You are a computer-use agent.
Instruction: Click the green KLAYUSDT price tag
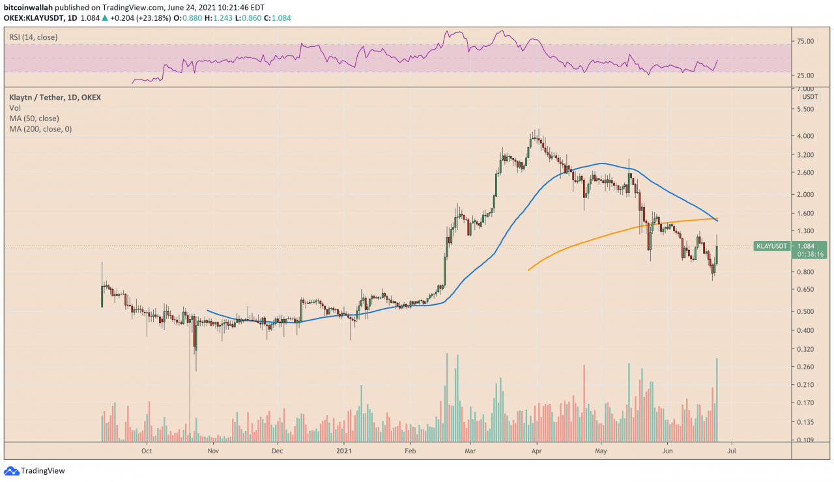771,246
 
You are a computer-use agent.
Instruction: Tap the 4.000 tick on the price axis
805,136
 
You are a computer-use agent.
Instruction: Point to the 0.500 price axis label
805,311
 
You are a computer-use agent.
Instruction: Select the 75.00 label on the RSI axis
805,42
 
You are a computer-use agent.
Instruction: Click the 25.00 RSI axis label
805,76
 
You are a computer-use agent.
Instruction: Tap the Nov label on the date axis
212,450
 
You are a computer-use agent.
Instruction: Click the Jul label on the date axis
732,450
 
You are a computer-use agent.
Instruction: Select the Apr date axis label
536,450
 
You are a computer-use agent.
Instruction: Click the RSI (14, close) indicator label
33,38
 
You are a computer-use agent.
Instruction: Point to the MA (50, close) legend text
34,119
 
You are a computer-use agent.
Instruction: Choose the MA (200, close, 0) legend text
40,129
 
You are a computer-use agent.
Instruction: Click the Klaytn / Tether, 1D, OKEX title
55,98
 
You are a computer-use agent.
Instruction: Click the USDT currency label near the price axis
810,97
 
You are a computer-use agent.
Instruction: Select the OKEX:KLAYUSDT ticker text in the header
36,18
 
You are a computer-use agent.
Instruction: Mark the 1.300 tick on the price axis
805,231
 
